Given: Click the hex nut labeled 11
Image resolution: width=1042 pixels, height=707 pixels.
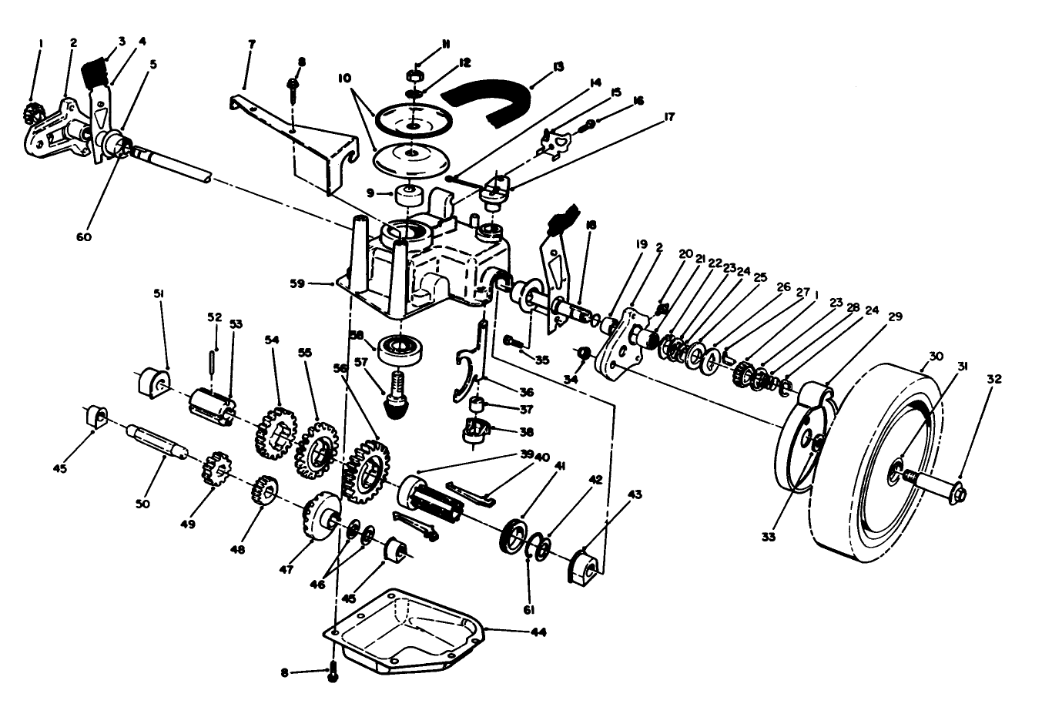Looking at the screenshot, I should pos(414,76).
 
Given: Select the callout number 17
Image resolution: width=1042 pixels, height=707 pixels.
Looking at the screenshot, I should pos(668,117).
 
